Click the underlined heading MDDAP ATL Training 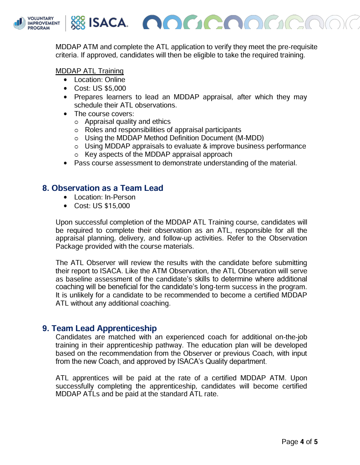89,71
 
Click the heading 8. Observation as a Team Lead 102,188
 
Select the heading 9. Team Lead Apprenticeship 99,328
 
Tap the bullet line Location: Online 99,80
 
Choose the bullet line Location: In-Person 105,197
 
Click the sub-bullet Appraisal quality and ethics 127,122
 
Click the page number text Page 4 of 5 299,442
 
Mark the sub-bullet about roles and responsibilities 163,130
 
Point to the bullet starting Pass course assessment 185,163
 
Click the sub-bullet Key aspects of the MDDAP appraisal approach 158,154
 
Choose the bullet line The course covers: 104,113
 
